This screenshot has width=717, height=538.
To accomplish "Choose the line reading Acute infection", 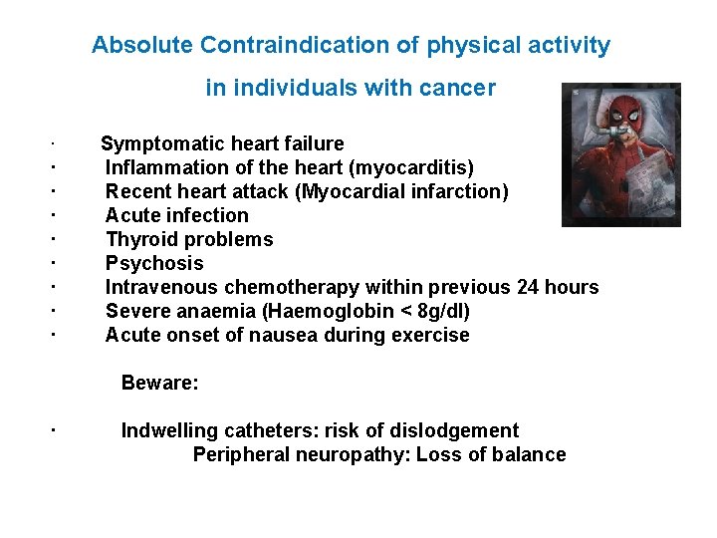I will click(176, 215).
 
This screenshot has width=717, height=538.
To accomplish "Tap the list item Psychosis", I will click(153, 263).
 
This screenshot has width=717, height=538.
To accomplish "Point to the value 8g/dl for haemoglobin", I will click(439, 311).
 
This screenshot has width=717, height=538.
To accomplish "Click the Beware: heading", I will click(159, 383).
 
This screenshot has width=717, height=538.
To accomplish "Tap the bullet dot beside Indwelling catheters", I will click(51, 429).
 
